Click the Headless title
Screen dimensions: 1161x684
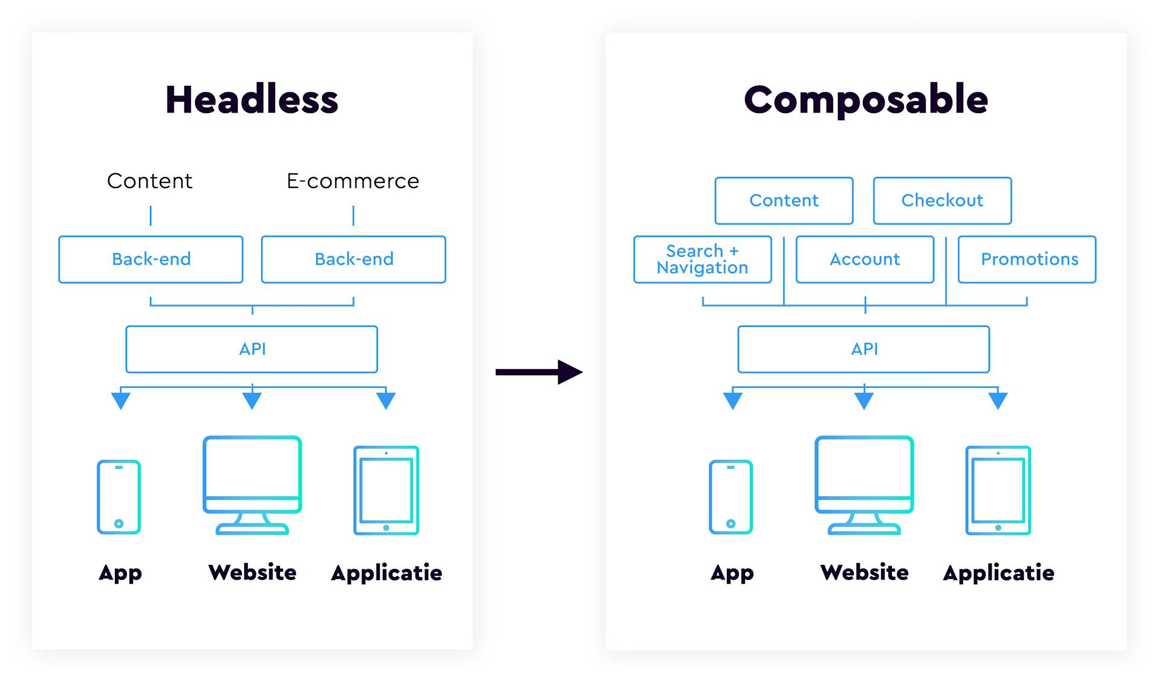(x=252, y=100)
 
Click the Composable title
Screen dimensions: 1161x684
(x=866, y=100)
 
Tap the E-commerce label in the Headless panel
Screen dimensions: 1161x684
(x=353, y=181)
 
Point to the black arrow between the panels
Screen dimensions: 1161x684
(x=539, y=372)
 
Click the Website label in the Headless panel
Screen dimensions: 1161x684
(x=252, y=572)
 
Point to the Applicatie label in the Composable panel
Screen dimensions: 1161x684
(x=998, y=573)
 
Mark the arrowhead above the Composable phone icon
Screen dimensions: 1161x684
(x=733, y=401)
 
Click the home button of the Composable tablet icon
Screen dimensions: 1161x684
(x=998, y=528)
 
